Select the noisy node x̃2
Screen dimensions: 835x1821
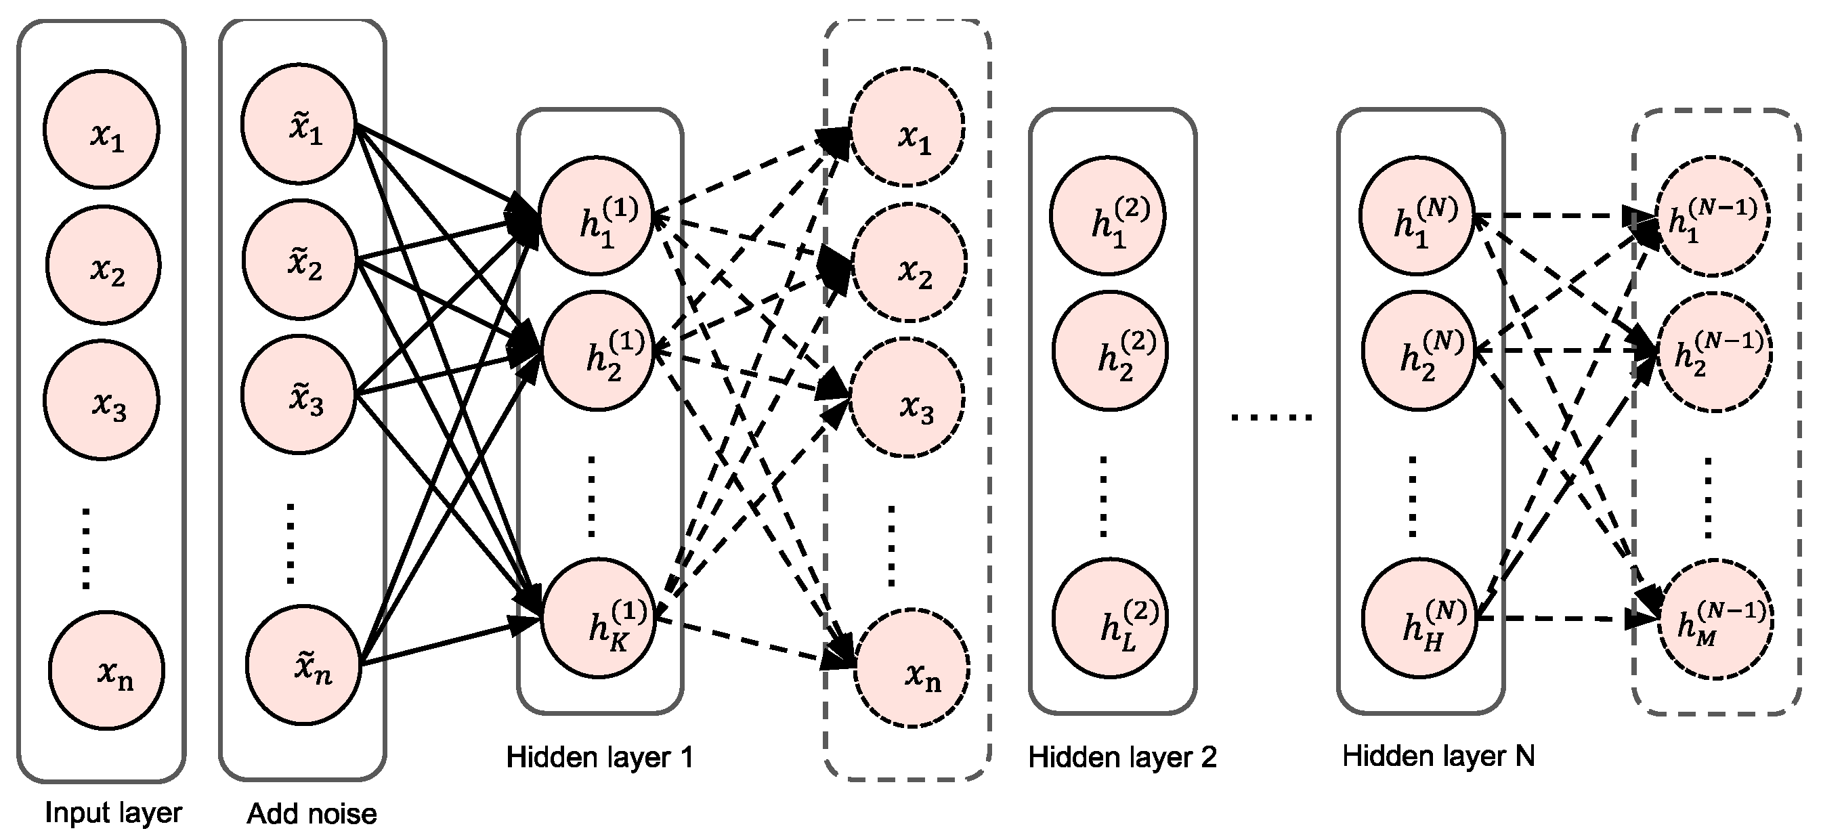click(x=299, y=259)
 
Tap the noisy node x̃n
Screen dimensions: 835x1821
click(x=304, y=664)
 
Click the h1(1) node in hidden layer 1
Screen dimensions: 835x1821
click(x=596, y=215)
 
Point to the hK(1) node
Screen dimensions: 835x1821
click(x=599, y=616)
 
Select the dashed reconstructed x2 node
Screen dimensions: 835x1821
click(x=909, y=263)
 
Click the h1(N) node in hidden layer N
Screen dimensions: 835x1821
click(x=1417, y=215)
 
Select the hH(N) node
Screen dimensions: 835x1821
click(x=1419, y=617)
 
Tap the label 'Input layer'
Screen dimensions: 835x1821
click(x=113, y=813)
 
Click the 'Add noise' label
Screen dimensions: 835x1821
click(x=312, y=814)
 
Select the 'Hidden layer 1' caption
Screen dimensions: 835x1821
click(x=599, y=757)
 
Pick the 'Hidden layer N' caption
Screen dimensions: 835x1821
click(x=1438, y=756)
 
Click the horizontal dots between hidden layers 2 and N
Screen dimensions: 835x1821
click(x=1272, y=417)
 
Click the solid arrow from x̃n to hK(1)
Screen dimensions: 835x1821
click(x=438, y=642)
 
